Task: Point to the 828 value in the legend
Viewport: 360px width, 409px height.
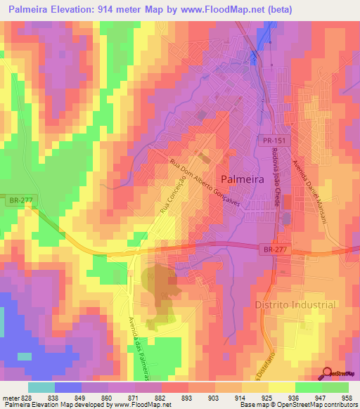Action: click(27, 397)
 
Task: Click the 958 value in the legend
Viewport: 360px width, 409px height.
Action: click(347, 397)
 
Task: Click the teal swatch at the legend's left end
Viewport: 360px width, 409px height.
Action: click(41, 387)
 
